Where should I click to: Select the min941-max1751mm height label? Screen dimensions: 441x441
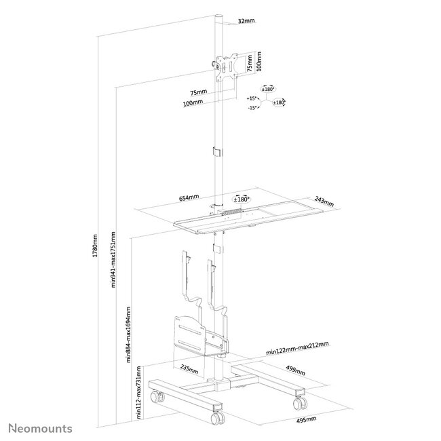pos(113,269)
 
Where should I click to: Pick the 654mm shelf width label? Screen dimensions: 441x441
pos(189,197)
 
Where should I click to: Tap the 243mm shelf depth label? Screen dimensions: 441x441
pos(325,202)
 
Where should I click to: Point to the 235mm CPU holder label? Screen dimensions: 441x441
pos(190,370)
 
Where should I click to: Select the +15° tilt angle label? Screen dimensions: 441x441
pos(253,99)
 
